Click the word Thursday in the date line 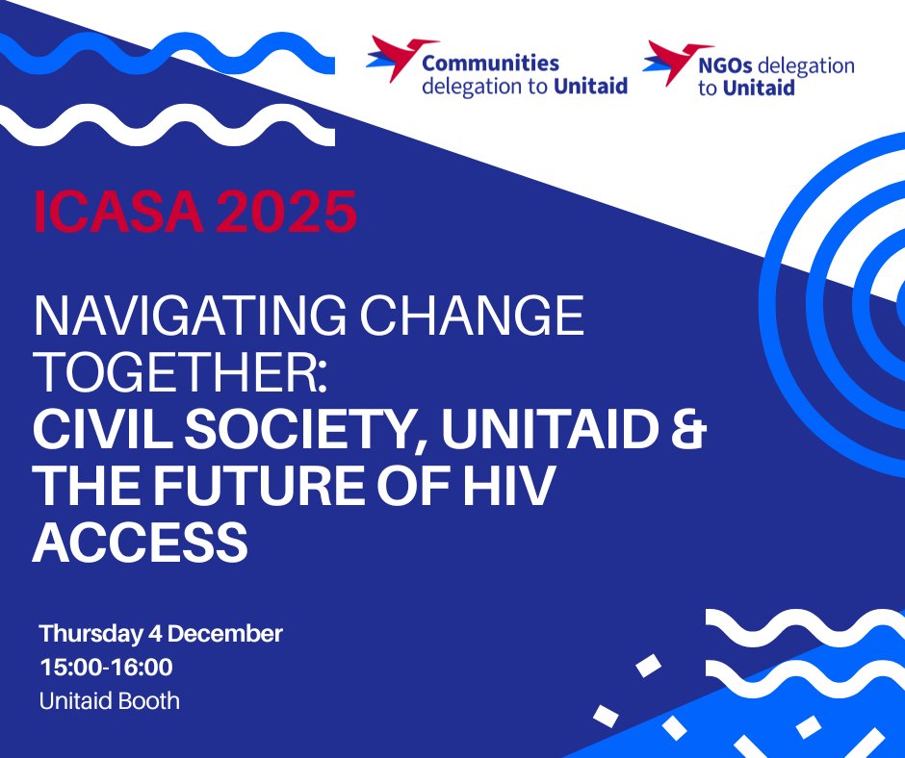pyautogui.click(x=92, y=635)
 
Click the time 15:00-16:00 pyautogui.click(x=106, y=668)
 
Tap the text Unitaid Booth pyautogui.click(x=109, y=700)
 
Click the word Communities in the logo pyautogui.click(x=490, y=63)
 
